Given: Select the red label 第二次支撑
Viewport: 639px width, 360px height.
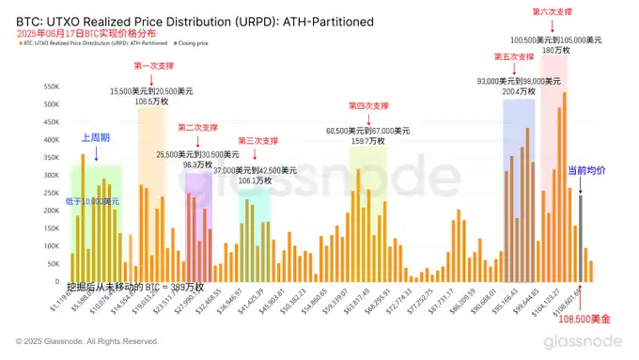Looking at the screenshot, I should [x=197, y=127].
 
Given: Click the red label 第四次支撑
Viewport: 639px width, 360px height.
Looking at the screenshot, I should [x=369, y=106].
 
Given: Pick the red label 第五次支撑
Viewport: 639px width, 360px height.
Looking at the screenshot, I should [x=514, y=57].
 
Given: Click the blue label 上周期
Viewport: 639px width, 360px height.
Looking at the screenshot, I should [x=95, y=138].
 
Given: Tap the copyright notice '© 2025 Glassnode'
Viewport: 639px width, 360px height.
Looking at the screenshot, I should [x=81, y=341].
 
